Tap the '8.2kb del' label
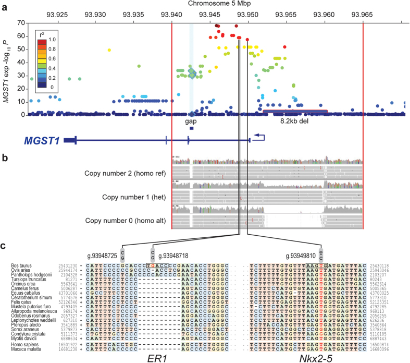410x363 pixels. [x=295, y=121]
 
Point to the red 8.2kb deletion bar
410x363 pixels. [x=295, y=111]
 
